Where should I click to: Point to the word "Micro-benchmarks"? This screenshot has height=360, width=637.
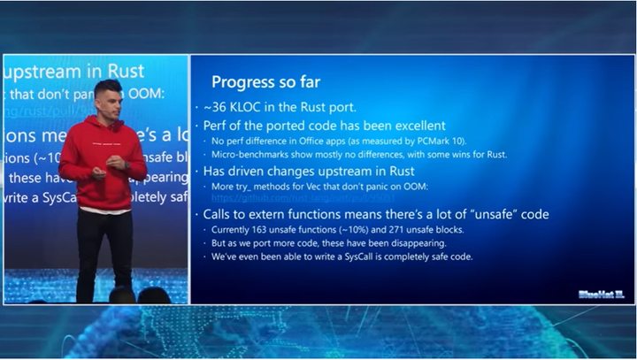244,155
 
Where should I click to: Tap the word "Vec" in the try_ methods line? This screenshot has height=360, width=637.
317,186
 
